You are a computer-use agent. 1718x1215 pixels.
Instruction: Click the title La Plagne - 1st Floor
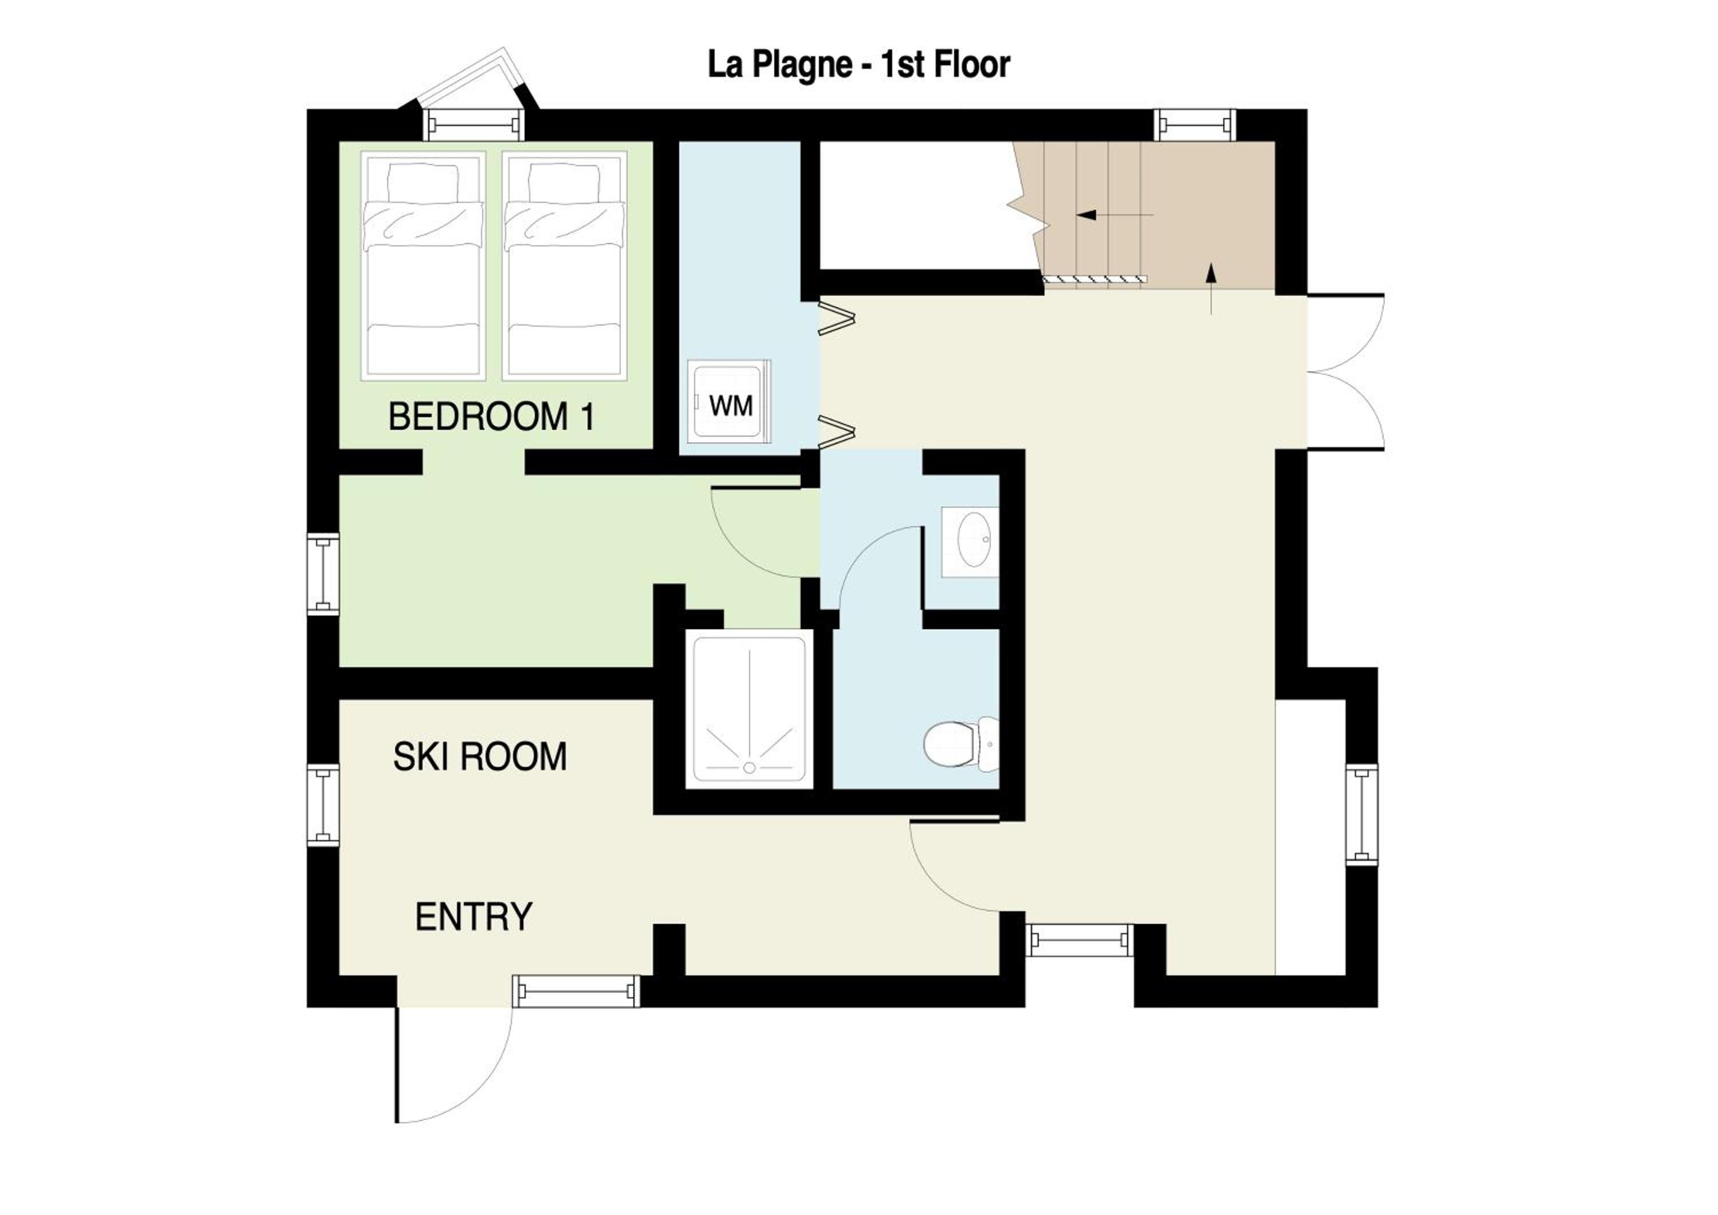point(858,65)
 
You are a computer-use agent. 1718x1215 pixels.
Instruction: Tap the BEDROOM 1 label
point(491,417)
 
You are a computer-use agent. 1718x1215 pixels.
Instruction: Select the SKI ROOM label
point(480,757)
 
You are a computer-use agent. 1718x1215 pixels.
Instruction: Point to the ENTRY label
point(474,917)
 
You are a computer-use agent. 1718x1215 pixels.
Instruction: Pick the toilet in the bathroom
point(961,744)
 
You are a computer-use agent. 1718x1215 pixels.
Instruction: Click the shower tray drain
point(749,767)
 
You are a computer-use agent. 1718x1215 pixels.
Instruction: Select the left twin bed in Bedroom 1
point(423,266)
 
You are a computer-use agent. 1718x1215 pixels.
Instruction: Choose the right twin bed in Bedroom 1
point(565,266)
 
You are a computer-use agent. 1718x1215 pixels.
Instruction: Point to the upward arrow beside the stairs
point(1211,288)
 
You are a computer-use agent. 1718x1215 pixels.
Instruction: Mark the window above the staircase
point(1195,124)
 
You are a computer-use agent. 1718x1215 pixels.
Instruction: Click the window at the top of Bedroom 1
point(474,124)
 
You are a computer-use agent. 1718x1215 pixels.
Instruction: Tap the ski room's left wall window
point(323,805)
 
